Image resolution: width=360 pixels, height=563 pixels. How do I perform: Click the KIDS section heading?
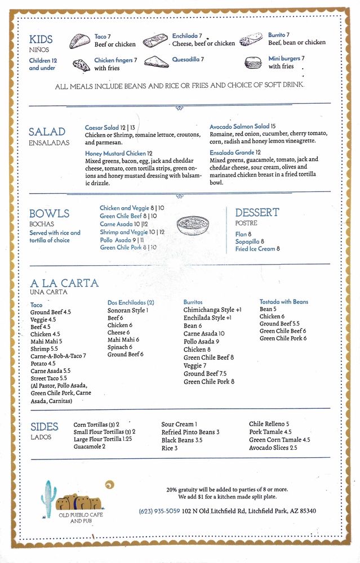pyautogui.click(x=41, y=39)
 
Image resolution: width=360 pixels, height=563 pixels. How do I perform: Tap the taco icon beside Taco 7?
pyautogui.click(x=80, y=41)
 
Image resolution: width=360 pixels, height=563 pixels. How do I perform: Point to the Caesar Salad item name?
pyautogui.click(x=102, y=128)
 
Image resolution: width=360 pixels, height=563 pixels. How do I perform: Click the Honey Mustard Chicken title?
pyautogui.click(x=119, y=153)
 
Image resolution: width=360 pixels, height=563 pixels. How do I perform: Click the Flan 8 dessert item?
pyautogui.click(x=243, y=234)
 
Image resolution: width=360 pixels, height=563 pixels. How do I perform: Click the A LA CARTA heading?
pyautogui.click(x=64, y=283)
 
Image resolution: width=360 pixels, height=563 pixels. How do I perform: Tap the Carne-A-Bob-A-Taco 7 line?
pyautogui.click(x=58, y=356)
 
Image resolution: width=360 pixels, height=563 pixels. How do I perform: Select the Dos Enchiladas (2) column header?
pyautogui.click(x=131, y=302)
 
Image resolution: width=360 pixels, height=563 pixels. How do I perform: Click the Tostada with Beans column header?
pyautogui.click(x=283, y=302)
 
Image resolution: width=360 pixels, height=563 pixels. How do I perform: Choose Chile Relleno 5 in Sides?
pyautogui.click(x=269, y=424)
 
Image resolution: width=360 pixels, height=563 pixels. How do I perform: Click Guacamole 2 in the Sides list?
pyautogui.click(x=89, y=446)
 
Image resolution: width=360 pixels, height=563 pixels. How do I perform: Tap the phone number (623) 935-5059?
pyautogui.click(x=159, y=511)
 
